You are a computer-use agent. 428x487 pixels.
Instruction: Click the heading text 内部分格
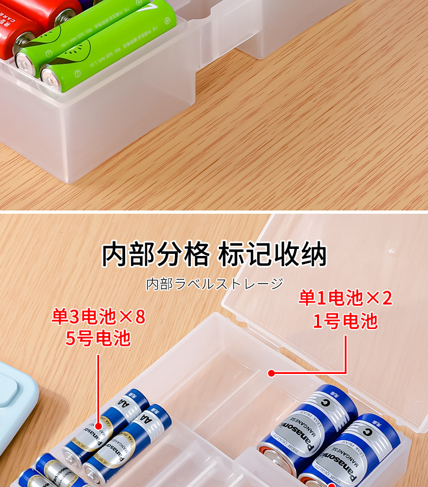[155, 254]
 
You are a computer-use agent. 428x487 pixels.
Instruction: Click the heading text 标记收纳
[273, 254]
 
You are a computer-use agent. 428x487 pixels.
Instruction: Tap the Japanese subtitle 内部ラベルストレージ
[215, 284]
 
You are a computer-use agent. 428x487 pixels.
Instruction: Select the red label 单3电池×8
[99, 317]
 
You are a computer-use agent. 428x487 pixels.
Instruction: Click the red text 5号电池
[99, 338]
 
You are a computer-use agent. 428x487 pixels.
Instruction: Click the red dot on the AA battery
[99, 422]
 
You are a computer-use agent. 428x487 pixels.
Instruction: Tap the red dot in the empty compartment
[271, 373]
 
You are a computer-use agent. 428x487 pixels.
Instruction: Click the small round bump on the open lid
[391, 252]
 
